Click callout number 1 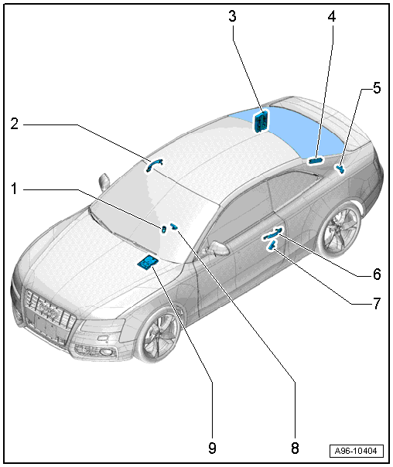point(14,189)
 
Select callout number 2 point(14,124)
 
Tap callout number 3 point(232,16)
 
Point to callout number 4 point(332,16)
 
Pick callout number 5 point(377,88)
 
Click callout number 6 point(377,274)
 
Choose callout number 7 point(377,304)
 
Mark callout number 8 point(295,448)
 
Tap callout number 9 point(212,448)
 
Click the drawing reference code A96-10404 point(356,451)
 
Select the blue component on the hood point(147,263)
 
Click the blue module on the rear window point(261,121)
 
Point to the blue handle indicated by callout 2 point(153,165)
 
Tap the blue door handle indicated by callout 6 point(272,233)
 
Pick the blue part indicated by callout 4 point(316,161)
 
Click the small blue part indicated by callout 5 point(340,169)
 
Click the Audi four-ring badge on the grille point(48,310)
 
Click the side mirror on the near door point(217,248)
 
